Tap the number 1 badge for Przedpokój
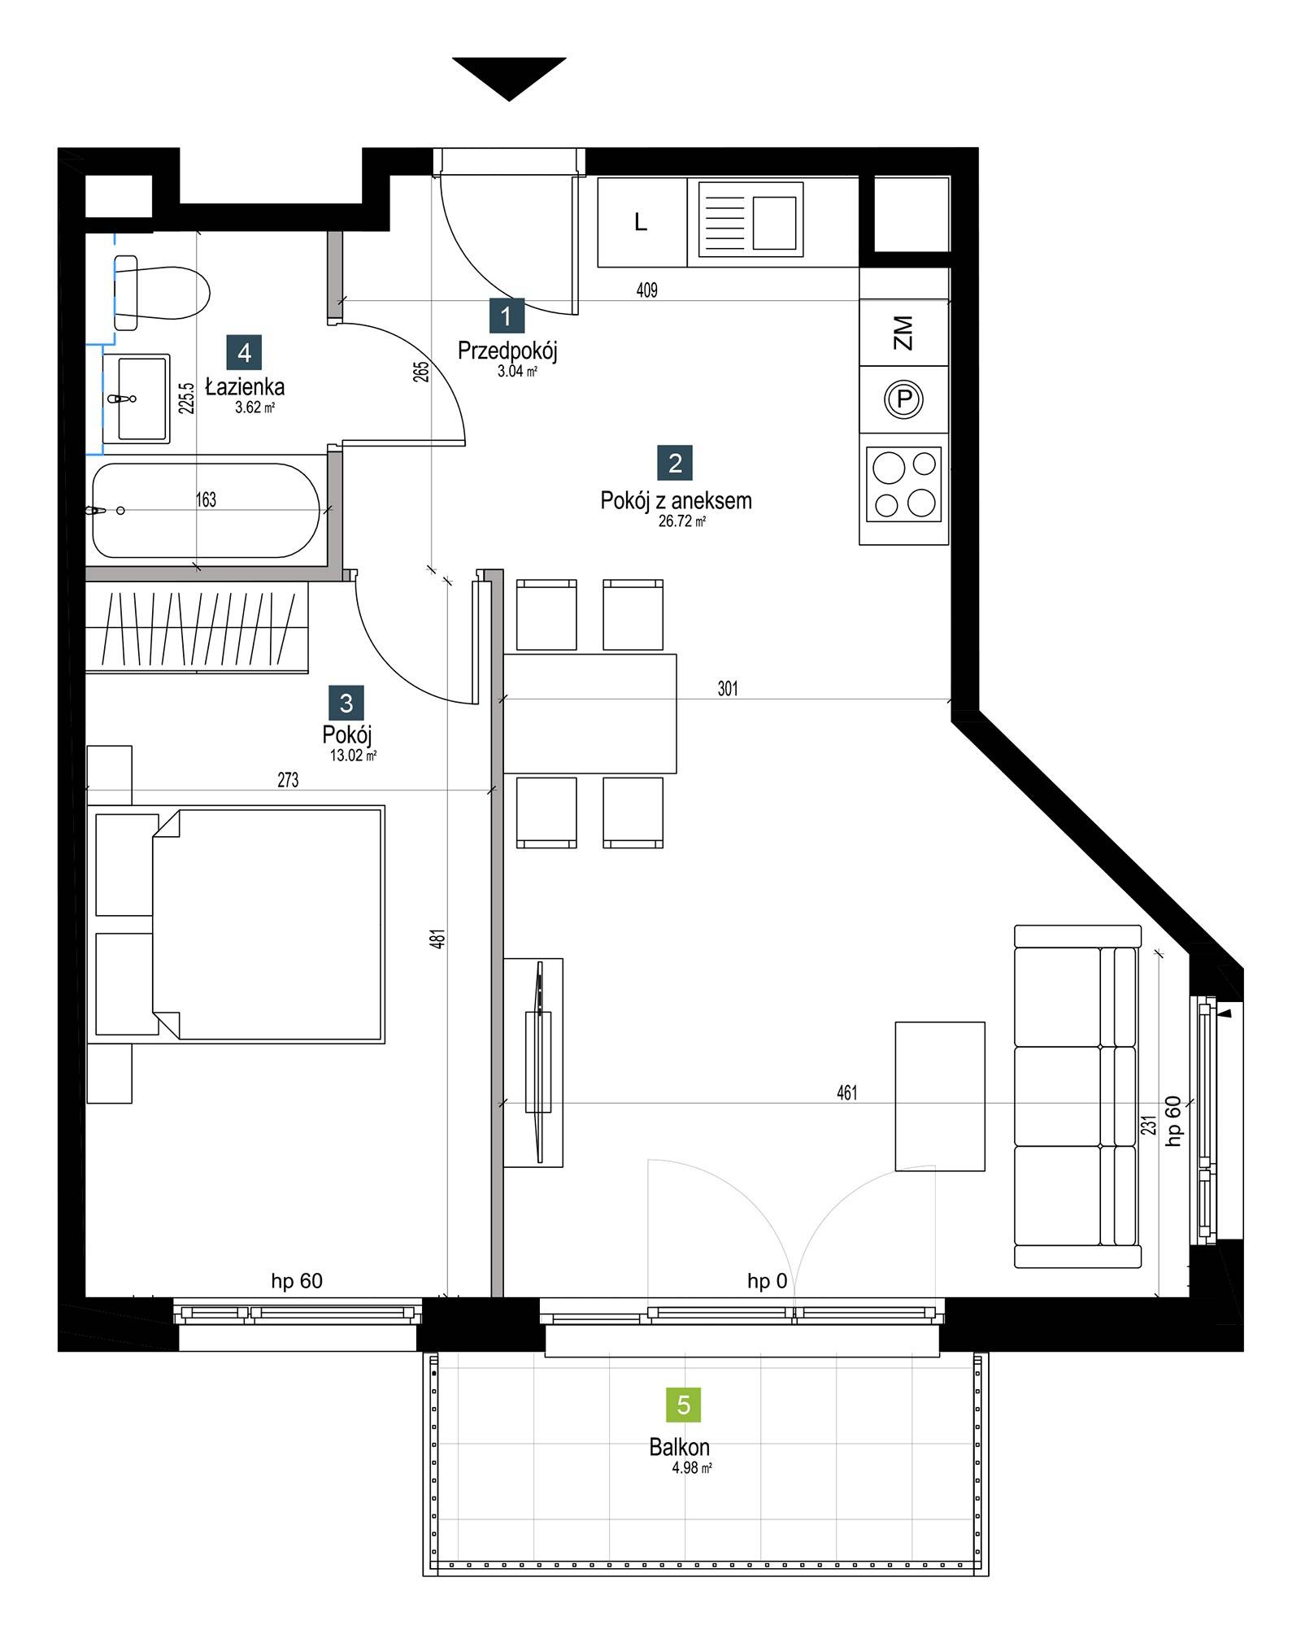tap(507, 316)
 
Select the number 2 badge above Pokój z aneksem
tap(675, 463)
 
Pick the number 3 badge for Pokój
tap(346, 703)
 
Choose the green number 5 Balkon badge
tap(683, 1405)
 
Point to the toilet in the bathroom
tap(162, 293)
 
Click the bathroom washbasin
tap(137, 399)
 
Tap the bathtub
tap(207, 511)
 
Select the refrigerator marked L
tap(642, 222)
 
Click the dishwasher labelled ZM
tap(904, 333)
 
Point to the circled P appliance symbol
tap(904, 399)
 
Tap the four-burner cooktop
tap(904, 484)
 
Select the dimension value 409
tap(647, 290)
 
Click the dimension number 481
tap(438, 939)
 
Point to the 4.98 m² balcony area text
tap(692, 1468)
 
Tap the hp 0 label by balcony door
tap(768, 1281)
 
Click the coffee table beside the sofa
tap(940, 1096)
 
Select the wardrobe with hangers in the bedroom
tap(198, 627)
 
